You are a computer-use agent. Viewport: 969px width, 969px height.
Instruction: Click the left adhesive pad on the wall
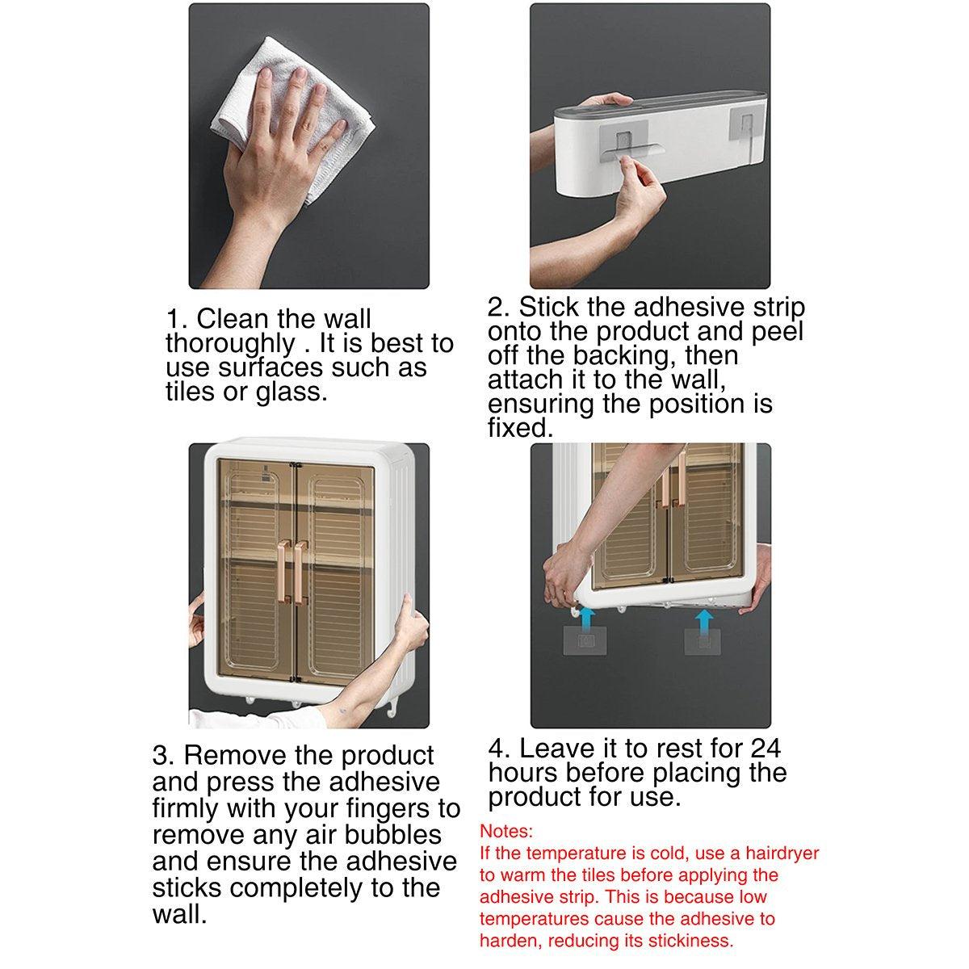pyautogui.click(x=585, y=640)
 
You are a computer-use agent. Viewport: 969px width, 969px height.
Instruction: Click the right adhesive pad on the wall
pyautogui.click(x=702, y=641)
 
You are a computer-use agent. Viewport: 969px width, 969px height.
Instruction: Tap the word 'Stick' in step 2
pyautogui.click(x=548, y=307)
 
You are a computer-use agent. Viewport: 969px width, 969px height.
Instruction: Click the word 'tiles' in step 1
pyautogui.click(x=191, y=391)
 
